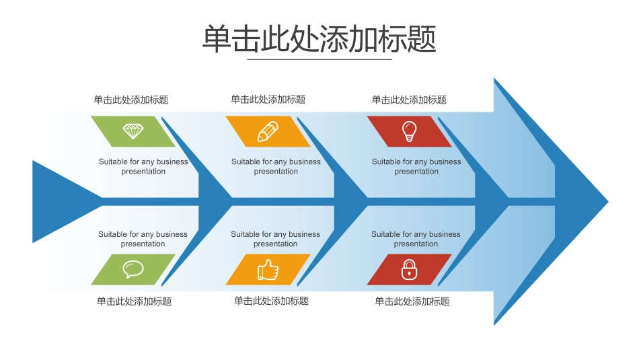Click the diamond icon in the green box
[x=133, y=131]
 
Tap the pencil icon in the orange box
[x=268, y=131]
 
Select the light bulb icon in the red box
[x=408, y=131]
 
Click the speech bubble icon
[x=133, y=269]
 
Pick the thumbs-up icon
[x=268, y=270]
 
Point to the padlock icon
[x=408, y=270]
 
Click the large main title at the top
[x=319, y=38]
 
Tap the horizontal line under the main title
[x=319, y=59]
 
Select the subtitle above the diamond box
[x=131, y=100]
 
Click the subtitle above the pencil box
[x=268, y=99]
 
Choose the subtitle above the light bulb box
[x=409, y=100]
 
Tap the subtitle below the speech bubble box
[x=134, y=301]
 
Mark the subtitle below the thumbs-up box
[x=271, y=301]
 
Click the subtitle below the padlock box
[x=412, y=301]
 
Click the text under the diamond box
[x=143, y=166]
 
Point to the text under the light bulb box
[x=416, y=166]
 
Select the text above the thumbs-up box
[x=276, y=239]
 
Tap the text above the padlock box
[x=416, y=239]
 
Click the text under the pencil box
[x=276, y=166]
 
